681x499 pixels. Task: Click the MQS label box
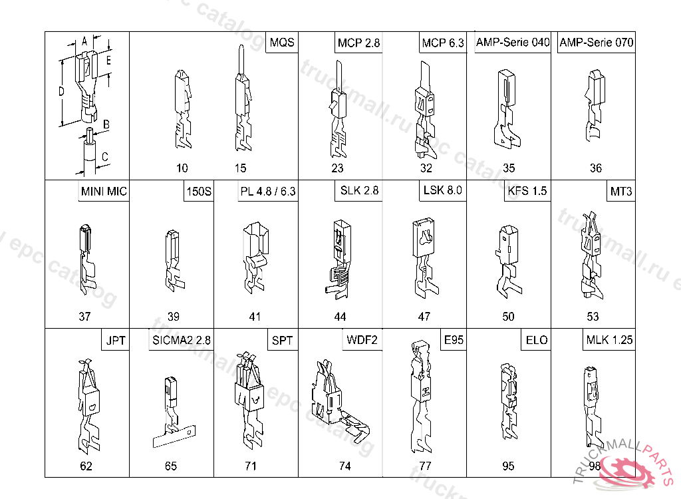tap(282, 43)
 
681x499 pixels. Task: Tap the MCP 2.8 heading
tap(358, 43)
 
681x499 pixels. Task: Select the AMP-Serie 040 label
tap(513, 42)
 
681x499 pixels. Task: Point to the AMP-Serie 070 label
tap(597, 42)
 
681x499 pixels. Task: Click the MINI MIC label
tap(104, 191)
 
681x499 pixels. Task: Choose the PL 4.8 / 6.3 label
tap(268, 191)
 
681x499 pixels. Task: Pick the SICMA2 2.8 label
tap(181, 340)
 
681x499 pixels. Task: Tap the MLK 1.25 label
tap(609, 339)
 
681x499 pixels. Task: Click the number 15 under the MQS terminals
tap(240, 168)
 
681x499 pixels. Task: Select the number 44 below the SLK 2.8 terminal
tap(340, 317)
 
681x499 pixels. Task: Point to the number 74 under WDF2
tap(345, 466)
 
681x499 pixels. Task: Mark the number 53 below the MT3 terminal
tap(593, 317)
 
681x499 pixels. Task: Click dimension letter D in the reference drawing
tap(61, 91)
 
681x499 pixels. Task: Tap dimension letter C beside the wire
tap(104, 156)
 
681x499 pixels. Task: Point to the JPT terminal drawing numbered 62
tap(89, 407)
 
